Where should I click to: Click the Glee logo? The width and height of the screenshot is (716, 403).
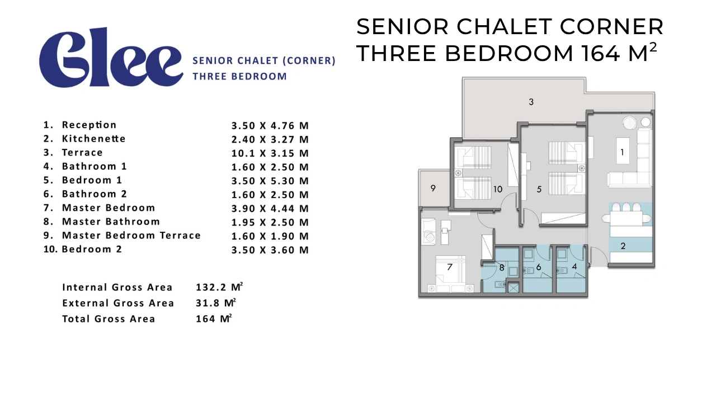[x=111, y=58]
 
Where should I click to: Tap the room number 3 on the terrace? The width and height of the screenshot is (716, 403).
[x=531, y=102]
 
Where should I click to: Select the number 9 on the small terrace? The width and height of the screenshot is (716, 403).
[x=433, y=188]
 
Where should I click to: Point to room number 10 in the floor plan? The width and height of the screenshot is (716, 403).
[x=498, y=189]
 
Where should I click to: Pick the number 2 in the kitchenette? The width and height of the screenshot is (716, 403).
[x=623, y=246]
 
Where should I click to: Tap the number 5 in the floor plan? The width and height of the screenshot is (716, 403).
[x=539, y=189]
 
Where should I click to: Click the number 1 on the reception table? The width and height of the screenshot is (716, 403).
[x=622, y=152]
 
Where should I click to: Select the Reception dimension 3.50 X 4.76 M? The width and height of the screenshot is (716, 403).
[x=270, y=126]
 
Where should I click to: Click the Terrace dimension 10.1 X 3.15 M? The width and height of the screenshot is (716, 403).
[x=270, y=153]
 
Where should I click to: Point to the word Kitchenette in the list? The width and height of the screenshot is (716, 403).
[x=93, y=138]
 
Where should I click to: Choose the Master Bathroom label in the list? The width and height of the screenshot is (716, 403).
[x=111, y=221]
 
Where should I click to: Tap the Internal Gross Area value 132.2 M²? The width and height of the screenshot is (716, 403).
[x=219, y=287]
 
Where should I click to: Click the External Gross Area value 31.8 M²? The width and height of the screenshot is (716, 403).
[x=216, y=303]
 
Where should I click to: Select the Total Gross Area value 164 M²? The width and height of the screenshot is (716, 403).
[x=214, y=318]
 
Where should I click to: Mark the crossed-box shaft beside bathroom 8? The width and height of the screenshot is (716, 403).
[x=514, y=288]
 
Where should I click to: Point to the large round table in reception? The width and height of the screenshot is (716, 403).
[x=629, y=123]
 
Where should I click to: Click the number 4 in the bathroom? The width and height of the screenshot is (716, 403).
[x=574, y=266]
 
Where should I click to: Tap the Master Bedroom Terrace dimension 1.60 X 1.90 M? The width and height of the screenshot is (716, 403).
[x=270, y=236]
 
